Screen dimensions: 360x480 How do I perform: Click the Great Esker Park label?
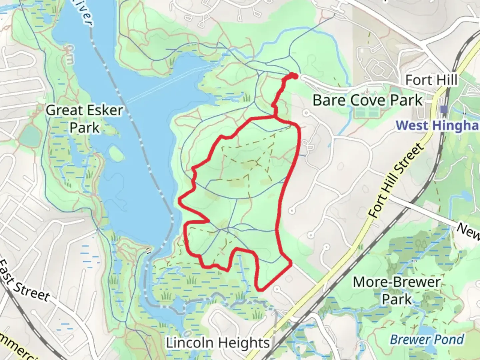84,119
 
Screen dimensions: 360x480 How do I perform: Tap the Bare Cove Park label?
368,100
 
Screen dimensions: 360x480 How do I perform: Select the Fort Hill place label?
431,80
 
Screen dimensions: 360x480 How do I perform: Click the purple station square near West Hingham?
444,109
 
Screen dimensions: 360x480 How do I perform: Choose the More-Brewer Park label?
397,290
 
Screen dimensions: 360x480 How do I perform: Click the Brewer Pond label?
427,339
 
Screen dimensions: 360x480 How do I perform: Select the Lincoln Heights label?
218,343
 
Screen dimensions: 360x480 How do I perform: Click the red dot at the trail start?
295,76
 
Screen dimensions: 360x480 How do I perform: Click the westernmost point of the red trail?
180,200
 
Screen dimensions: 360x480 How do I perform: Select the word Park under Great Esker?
84,128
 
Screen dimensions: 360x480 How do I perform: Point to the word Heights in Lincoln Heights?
243,343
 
